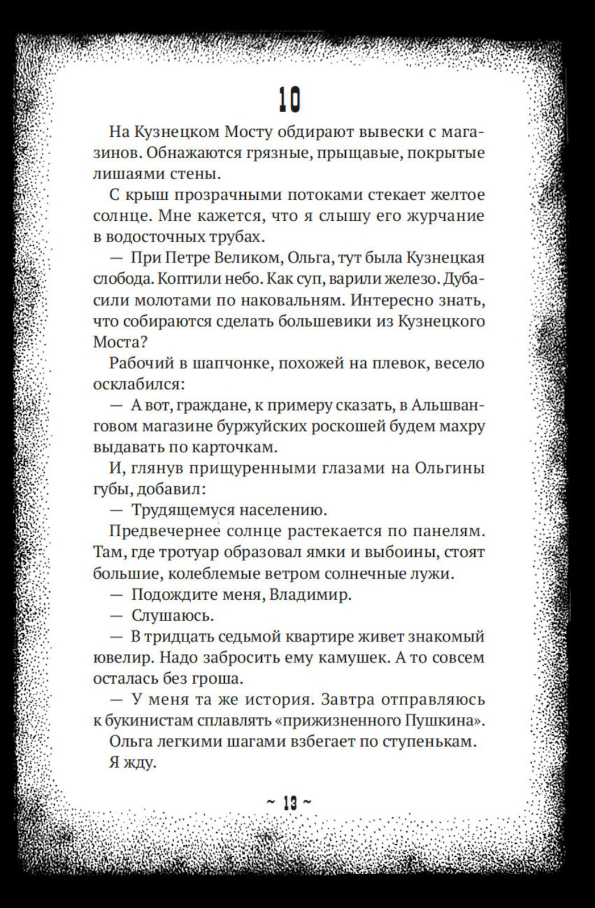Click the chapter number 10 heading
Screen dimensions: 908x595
point(290,99)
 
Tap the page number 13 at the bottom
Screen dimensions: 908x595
point(290,803)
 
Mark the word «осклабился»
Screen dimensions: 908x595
point(136,384)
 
